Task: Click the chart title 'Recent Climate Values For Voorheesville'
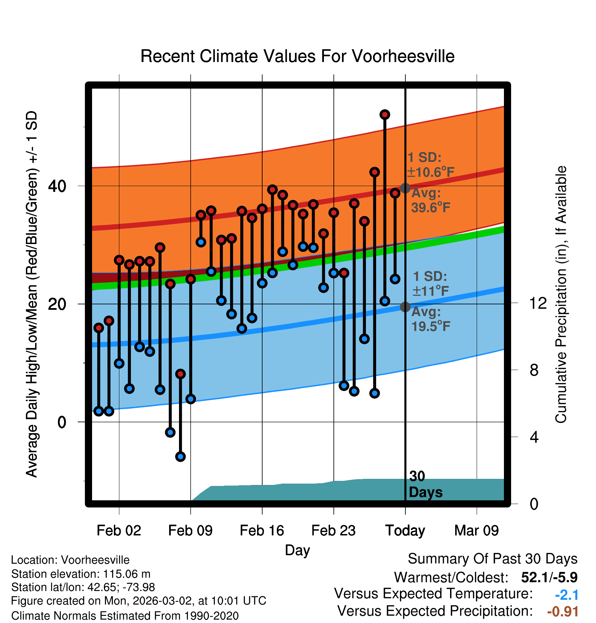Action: [x=297, y=56]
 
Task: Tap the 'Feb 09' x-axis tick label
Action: [x=190, y=531]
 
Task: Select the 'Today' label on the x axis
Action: [x=405, y=531]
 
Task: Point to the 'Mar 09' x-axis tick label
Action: [x=476, y=531]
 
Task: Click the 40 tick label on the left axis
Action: [x=57, y=186]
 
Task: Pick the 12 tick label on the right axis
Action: [x=538, y=303]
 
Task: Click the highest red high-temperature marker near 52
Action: [x=385, y=115]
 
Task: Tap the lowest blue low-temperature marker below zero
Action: [x=180, y=456]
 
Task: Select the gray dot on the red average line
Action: [x=405, y=188]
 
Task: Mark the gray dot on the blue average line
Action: [x=405, y=307]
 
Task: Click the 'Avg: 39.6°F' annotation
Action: [x=430, y=200]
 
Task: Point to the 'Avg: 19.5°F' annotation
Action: [x=430, y=319]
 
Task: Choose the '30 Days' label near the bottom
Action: [x=425, y=484]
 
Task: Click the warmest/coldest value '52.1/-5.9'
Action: [x=549, y=577]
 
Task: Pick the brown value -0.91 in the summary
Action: [x=563, y=611]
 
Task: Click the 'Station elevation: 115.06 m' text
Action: [x=81, y=574]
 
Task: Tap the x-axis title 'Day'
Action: [x=297, y=550]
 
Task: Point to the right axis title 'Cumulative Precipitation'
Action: [x=561, y=295]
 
